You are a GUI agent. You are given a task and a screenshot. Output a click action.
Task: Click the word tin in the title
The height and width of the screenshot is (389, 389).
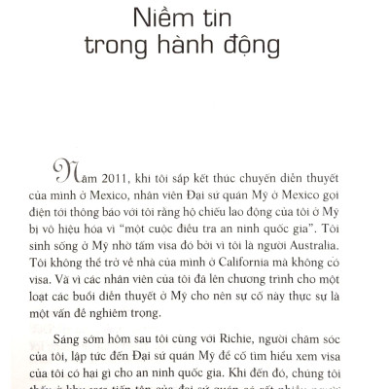224,18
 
